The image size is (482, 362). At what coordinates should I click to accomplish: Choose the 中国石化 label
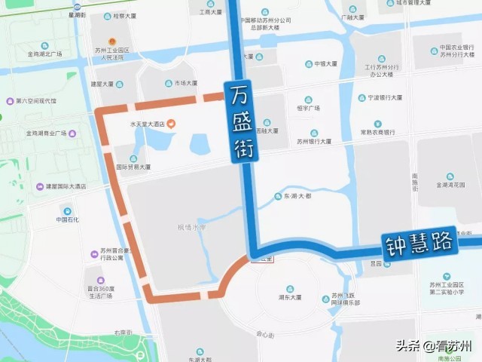[66, 219]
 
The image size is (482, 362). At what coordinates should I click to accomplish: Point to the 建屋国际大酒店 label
[65, 186]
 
